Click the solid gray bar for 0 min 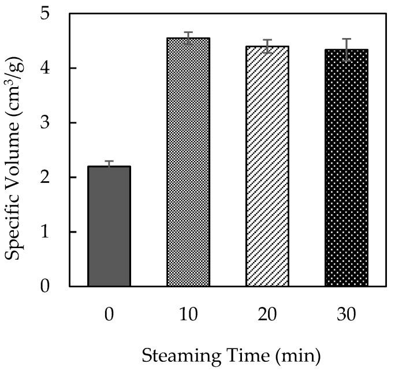pyautogui.click(x=109, y=226)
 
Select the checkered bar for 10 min pyautogui.click(x=188, y=162)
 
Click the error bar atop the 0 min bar pyautogui.click(x=109, y=165)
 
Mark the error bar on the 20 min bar pyautogui.click(x=267, y=46)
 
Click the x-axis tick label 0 pyautogui.click(x=109, y=315)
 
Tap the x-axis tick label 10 pyautogui.click(x=188, y=315)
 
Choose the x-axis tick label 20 pyautogui.click(x=267, y=315)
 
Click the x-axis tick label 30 pyautogui.click(x=346, y=315)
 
